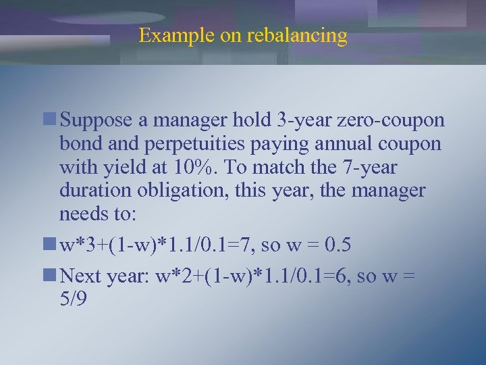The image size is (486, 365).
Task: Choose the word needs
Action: [84, 215]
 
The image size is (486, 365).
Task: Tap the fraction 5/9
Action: [73, 298]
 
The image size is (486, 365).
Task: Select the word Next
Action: [79, 274]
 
